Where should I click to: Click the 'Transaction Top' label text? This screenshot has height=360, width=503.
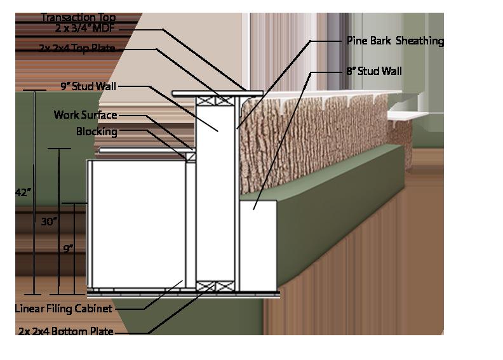[78, 17]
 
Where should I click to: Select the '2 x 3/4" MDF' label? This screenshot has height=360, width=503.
[84, 28]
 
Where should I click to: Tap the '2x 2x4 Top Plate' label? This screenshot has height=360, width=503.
[77, 48]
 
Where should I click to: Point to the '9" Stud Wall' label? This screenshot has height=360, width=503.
[88, 86]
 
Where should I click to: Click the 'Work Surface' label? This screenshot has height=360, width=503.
[85, 115]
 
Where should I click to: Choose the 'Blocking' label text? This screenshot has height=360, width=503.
[97, 131]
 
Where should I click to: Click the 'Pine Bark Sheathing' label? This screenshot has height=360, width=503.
[395, 41]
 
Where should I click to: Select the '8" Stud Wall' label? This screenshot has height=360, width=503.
[374, 71]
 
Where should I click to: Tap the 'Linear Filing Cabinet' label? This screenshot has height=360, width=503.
[64, 309]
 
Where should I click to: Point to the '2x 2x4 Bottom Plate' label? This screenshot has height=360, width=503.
[66, 331]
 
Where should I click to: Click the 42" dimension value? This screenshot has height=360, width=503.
[23, 192]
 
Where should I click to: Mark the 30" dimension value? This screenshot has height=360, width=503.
[49, 221]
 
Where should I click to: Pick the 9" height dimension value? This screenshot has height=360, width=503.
[68, 248]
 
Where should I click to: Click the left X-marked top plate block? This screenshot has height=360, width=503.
[205, 101]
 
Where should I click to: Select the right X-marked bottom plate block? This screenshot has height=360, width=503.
[225, 286]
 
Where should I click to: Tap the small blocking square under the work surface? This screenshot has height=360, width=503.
[191, 157]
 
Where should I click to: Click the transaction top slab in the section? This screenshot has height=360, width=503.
[217, 93]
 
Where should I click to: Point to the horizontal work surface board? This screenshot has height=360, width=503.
[147, 150]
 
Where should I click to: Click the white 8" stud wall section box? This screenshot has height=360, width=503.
[258, 246]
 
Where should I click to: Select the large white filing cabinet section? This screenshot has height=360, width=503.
[138, 224]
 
